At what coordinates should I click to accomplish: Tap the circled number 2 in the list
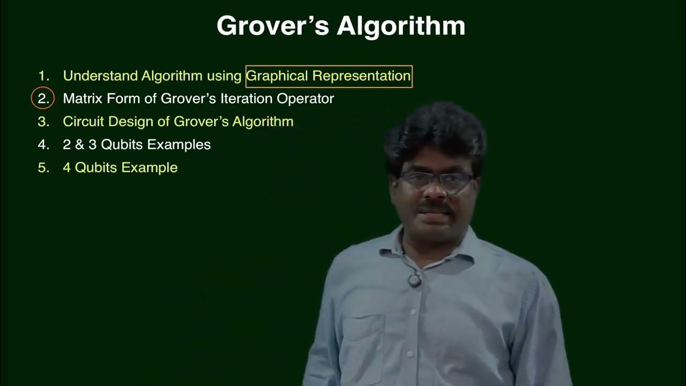(x=43, y=99)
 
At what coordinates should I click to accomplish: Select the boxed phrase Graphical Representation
(x=329, y=76)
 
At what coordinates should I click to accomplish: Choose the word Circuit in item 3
(x=84, y=122)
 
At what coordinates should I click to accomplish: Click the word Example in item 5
(x=149, y=168)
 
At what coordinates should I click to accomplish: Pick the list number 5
(x=43, y=168)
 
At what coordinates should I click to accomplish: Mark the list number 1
(x=43, y=76)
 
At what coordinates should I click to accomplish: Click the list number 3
(x=43, y=122)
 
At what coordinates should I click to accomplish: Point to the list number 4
(x=43, y=145)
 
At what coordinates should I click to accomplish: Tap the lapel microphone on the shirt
(x=414, y=280)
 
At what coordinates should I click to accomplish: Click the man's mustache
(x=437, y=206)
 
